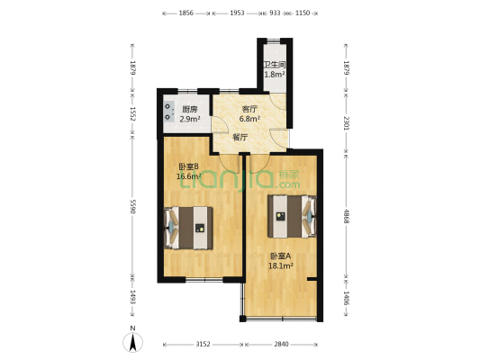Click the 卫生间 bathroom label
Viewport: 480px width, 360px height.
click(x=275, y=65)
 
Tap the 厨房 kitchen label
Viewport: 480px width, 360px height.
click(x=188, y=108)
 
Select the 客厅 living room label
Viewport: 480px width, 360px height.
click(x=249, y=108)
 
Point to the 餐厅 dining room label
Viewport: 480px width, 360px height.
click(x=240, y=138)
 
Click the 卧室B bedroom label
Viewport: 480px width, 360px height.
click(x=188, y=166)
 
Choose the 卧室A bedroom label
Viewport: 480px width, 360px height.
click(x=279, y=256)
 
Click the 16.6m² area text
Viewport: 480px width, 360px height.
click(x=188, y=176)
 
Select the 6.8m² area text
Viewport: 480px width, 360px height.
click(x=249, y=118)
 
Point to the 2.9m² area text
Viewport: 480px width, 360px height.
click(x=188, y=118)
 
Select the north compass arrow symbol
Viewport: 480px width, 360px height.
click(x=132, y=341)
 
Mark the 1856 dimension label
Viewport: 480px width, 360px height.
click(x=186, y=13)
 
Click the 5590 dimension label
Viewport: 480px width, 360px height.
click(x=133, y=206)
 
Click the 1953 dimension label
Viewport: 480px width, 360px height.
click(x=236, y=13)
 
